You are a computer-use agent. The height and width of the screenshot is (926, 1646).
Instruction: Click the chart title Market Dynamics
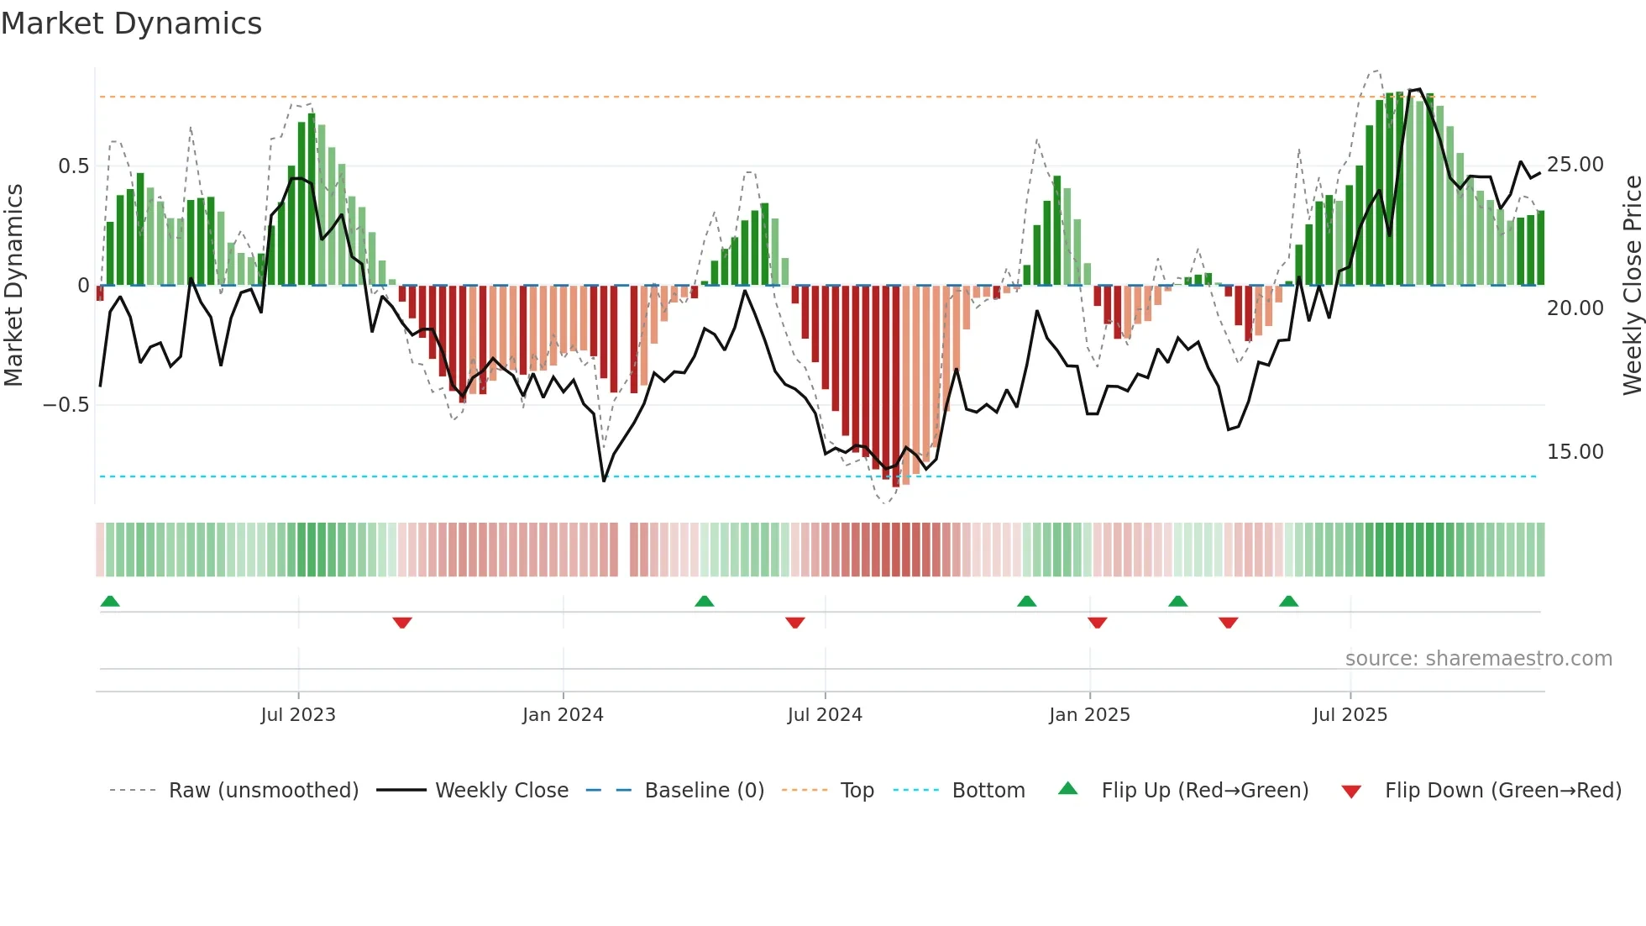131,24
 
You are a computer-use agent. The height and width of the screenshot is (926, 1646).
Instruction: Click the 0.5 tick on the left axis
73,166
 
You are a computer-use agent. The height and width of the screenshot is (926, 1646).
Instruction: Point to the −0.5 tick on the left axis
66,405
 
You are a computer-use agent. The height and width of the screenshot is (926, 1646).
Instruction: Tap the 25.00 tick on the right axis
1575,165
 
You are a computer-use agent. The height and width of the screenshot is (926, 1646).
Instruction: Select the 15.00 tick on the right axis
1575,452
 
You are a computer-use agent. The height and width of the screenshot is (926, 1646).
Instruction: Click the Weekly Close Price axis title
1632,286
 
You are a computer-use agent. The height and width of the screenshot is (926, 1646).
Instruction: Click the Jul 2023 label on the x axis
297,715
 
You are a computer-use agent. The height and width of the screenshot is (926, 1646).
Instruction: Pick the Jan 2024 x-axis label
562,715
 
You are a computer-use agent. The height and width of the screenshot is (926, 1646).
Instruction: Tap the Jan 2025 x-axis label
1089,715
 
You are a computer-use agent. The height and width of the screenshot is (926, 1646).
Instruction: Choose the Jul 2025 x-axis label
1350,715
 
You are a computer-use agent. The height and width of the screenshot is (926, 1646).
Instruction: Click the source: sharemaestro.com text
1478,659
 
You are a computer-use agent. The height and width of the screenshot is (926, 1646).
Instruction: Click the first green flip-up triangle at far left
110,601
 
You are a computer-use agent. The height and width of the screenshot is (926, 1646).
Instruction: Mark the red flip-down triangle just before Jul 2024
795,623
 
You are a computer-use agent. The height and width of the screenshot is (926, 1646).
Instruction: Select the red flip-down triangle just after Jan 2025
1097,623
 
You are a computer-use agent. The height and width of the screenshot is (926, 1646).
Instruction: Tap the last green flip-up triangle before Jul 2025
1288,601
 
